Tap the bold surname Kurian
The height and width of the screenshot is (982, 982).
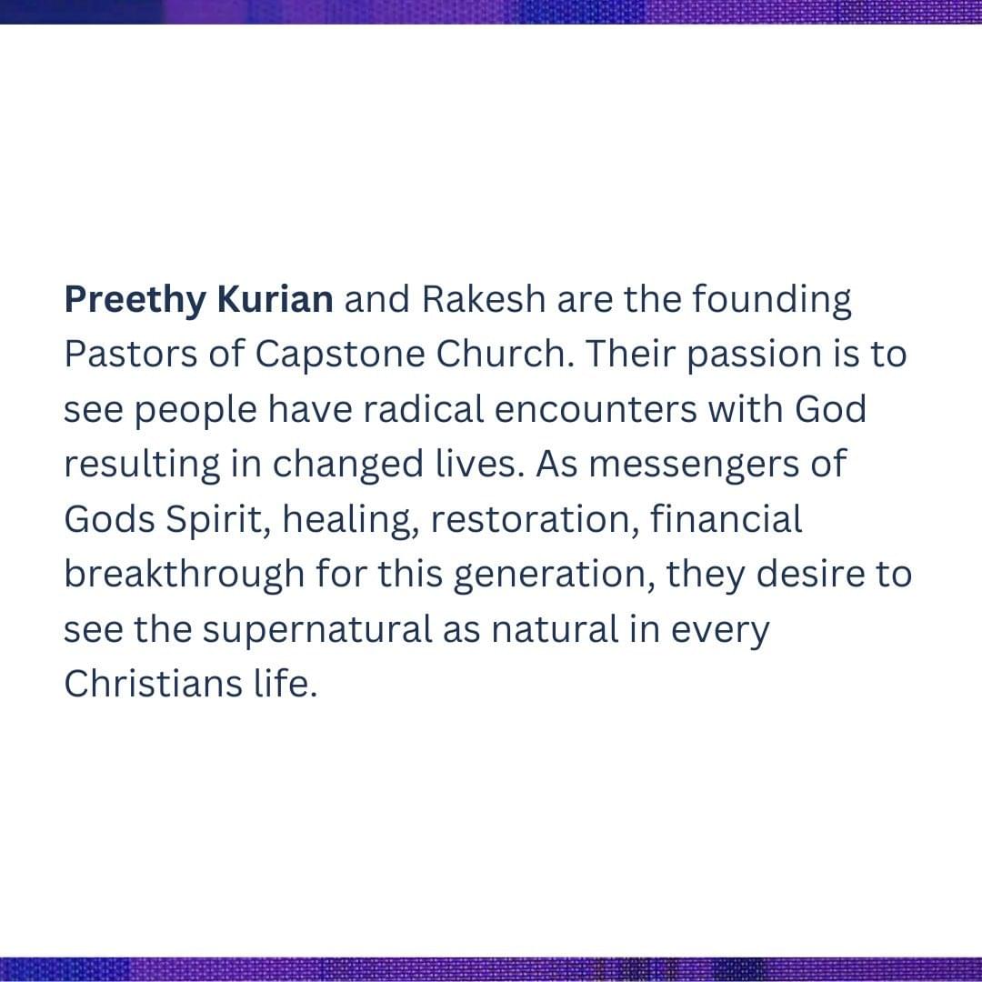275,299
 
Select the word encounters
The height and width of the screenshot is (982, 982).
596,409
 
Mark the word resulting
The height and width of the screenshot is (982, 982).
142,466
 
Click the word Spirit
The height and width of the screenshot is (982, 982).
218,521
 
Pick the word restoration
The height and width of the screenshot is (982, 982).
536,520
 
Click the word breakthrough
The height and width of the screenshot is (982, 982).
185,576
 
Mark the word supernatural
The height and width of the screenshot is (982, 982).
317,631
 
